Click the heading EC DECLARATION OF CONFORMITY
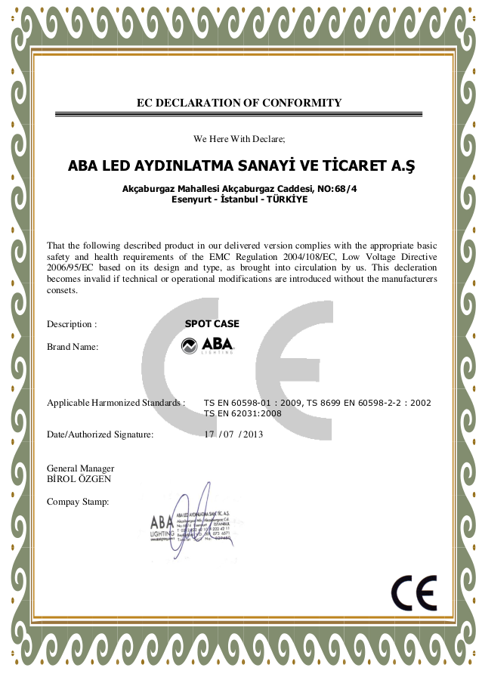(239, 103)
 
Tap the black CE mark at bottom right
(414, 593)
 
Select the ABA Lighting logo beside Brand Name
(208, 347)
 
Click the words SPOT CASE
(212, 324)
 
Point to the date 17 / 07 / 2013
(233, 434)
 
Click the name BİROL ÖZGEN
(79, 479)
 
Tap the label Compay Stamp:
(78, 502)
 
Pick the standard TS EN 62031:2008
(243, 413)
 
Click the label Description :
(72, 324)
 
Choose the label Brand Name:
(73, 347)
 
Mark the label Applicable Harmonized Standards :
(116, 403)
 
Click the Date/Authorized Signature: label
(100, 434)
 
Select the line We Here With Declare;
(239, 139)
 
